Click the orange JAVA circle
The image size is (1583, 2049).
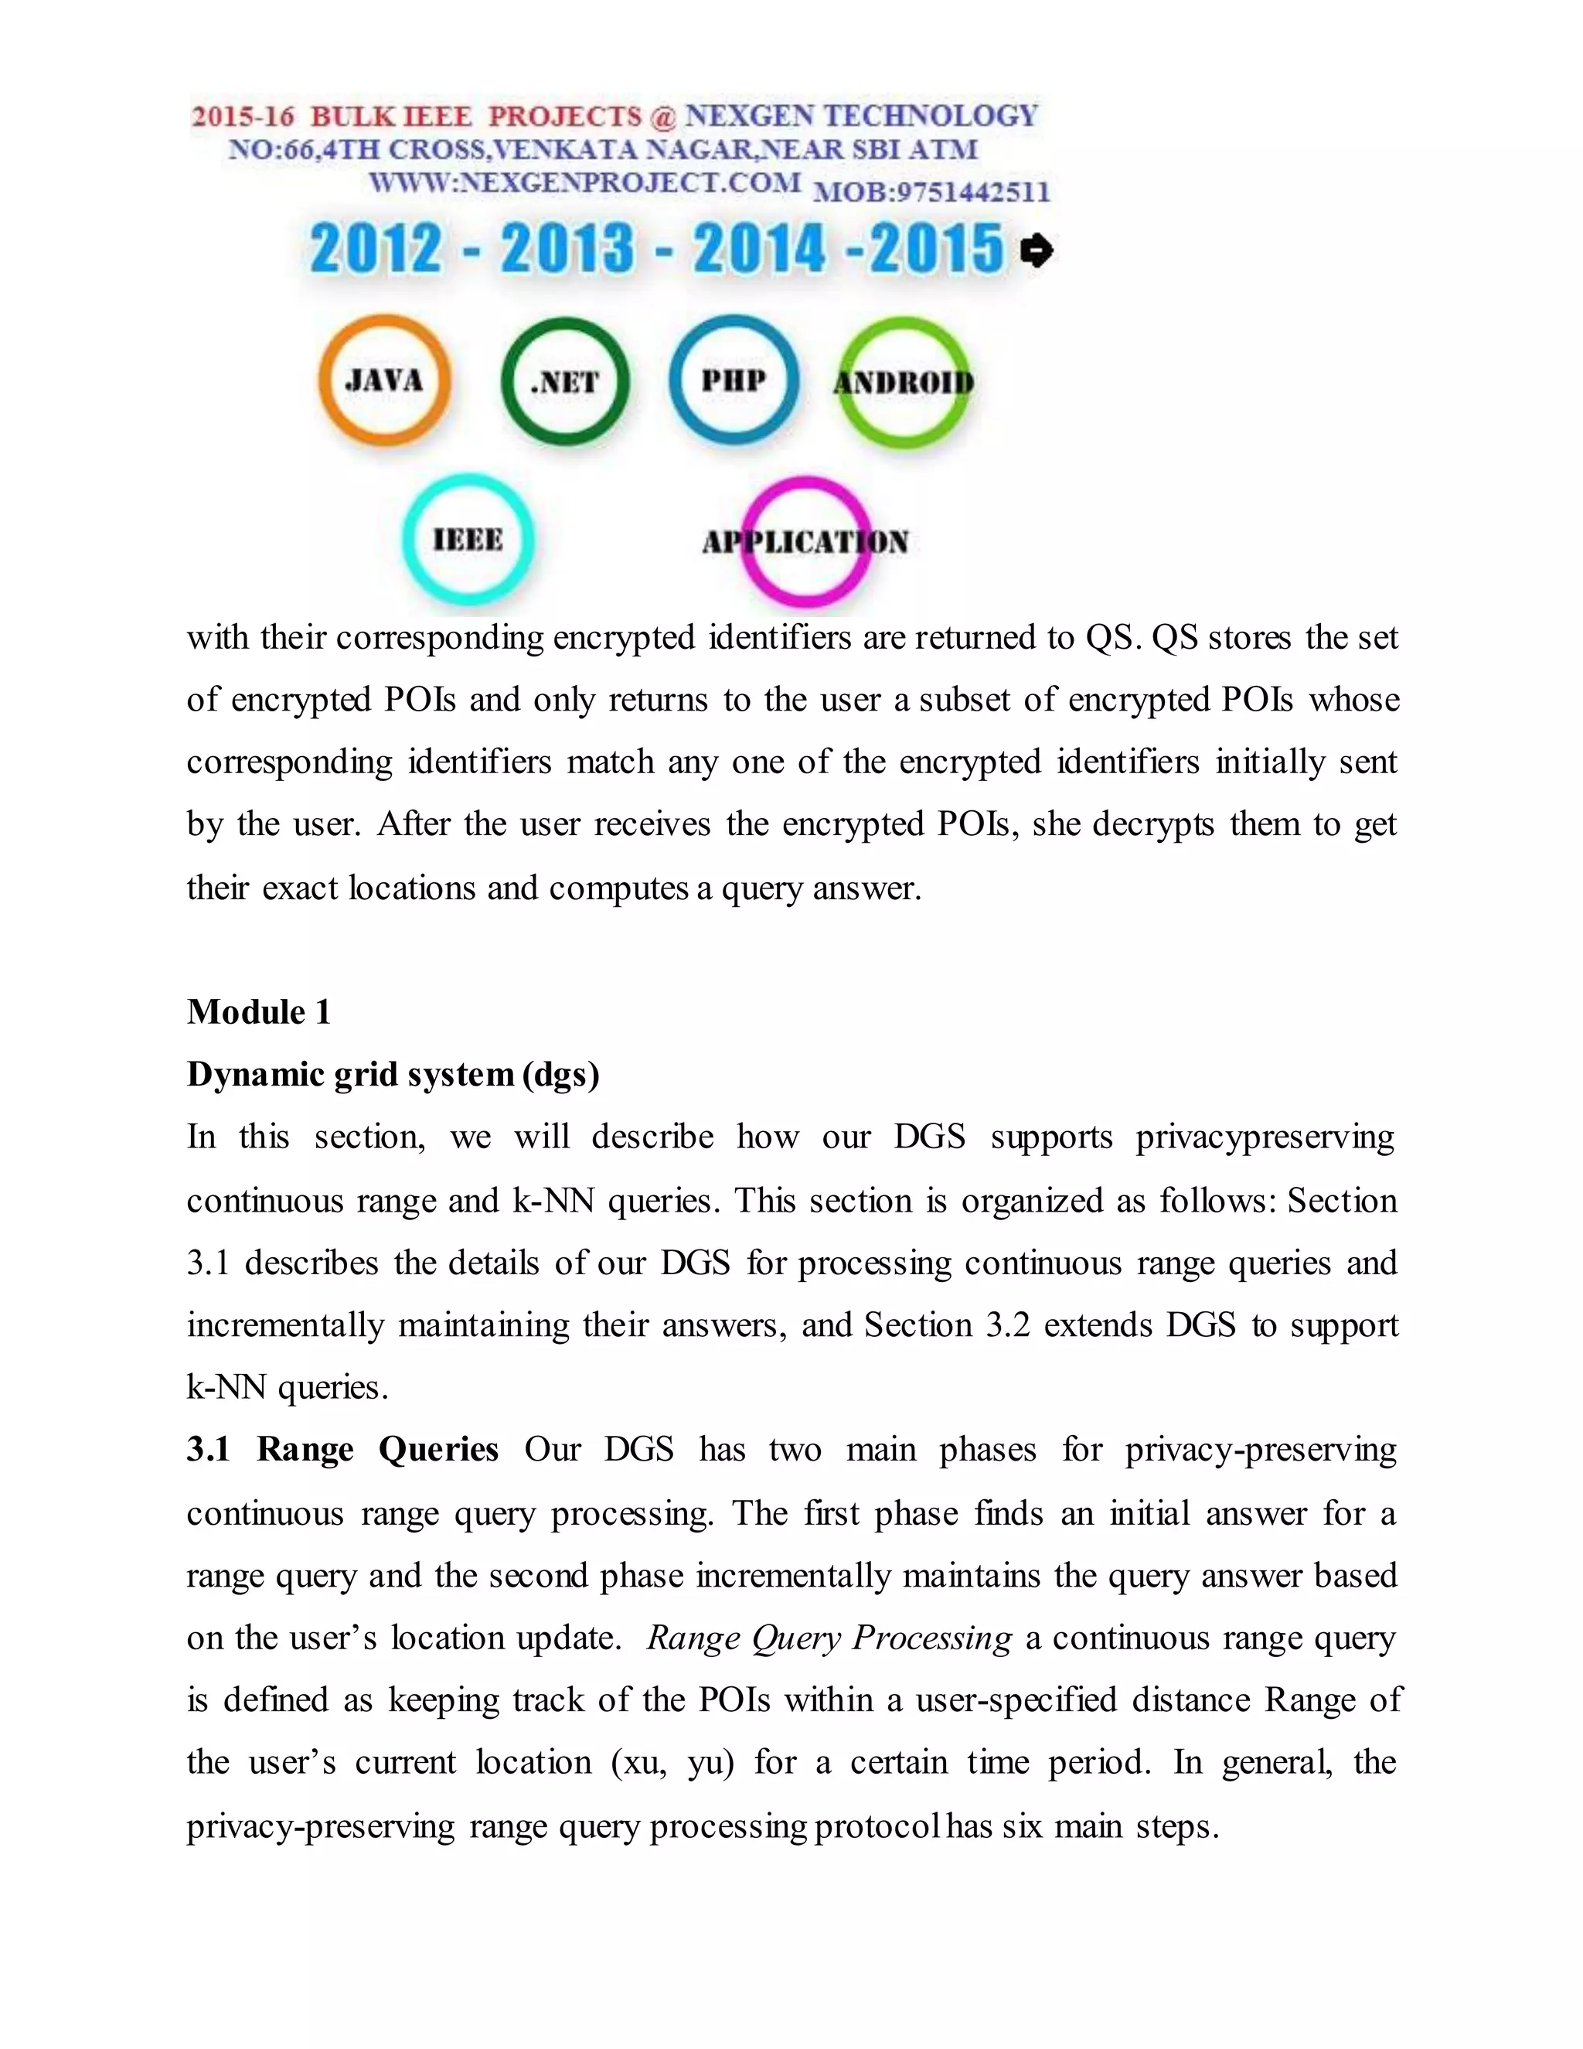(x=383, y=380)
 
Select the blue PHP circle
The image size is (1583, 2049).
(x=734, y=379)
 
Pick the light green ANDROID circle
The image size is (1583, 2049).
(x=903, y=382)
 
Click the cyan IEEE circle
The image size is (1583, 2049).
(x=468, y=540)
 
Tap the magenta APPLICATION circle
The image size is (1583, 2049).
(x=805, y=541)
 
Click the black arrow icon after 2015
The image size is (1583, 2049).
(x=1037, y=251)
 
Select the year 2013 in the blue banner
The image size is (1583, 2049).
(x=567, y=250)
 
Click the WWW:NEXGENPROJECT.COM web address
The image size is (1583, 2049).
(x=584, y=182)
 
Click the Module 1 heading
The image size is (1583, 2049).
(x=259, y=1012)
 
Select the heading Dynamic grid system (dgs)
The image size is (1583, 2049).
(x=393, y=1074)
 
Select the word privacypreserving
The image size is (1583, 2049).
(x=1265, y=1137)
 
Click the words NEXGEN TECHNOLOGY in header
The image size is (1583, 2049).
(x=861, y=115)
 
